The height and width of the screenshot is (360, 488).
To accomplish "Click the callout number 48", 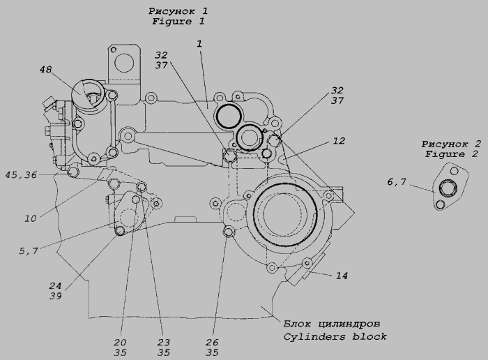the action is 45,70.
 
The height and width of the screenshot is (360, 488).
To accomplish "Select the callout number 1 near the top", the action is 199,43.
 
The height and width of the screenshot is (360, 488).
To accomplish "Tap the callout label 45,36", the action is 21,175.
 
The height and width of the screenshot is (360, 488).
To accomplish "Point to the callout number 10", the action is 31,218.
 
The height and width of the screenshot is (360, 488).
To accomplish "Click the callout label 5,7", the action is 29,250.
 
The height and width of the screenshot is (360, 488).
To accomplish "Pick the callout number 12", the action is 339,141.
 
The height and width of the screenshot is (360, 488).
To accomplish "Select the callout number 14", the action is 342,276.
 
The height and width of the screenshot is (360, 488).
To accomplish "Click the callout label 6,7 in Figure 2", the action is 397,181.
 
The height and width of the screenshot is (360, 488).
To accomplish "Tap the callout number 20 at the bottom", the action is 120,343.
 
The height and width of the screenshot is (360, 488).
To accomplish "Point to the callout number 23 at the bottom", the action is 163,343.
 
